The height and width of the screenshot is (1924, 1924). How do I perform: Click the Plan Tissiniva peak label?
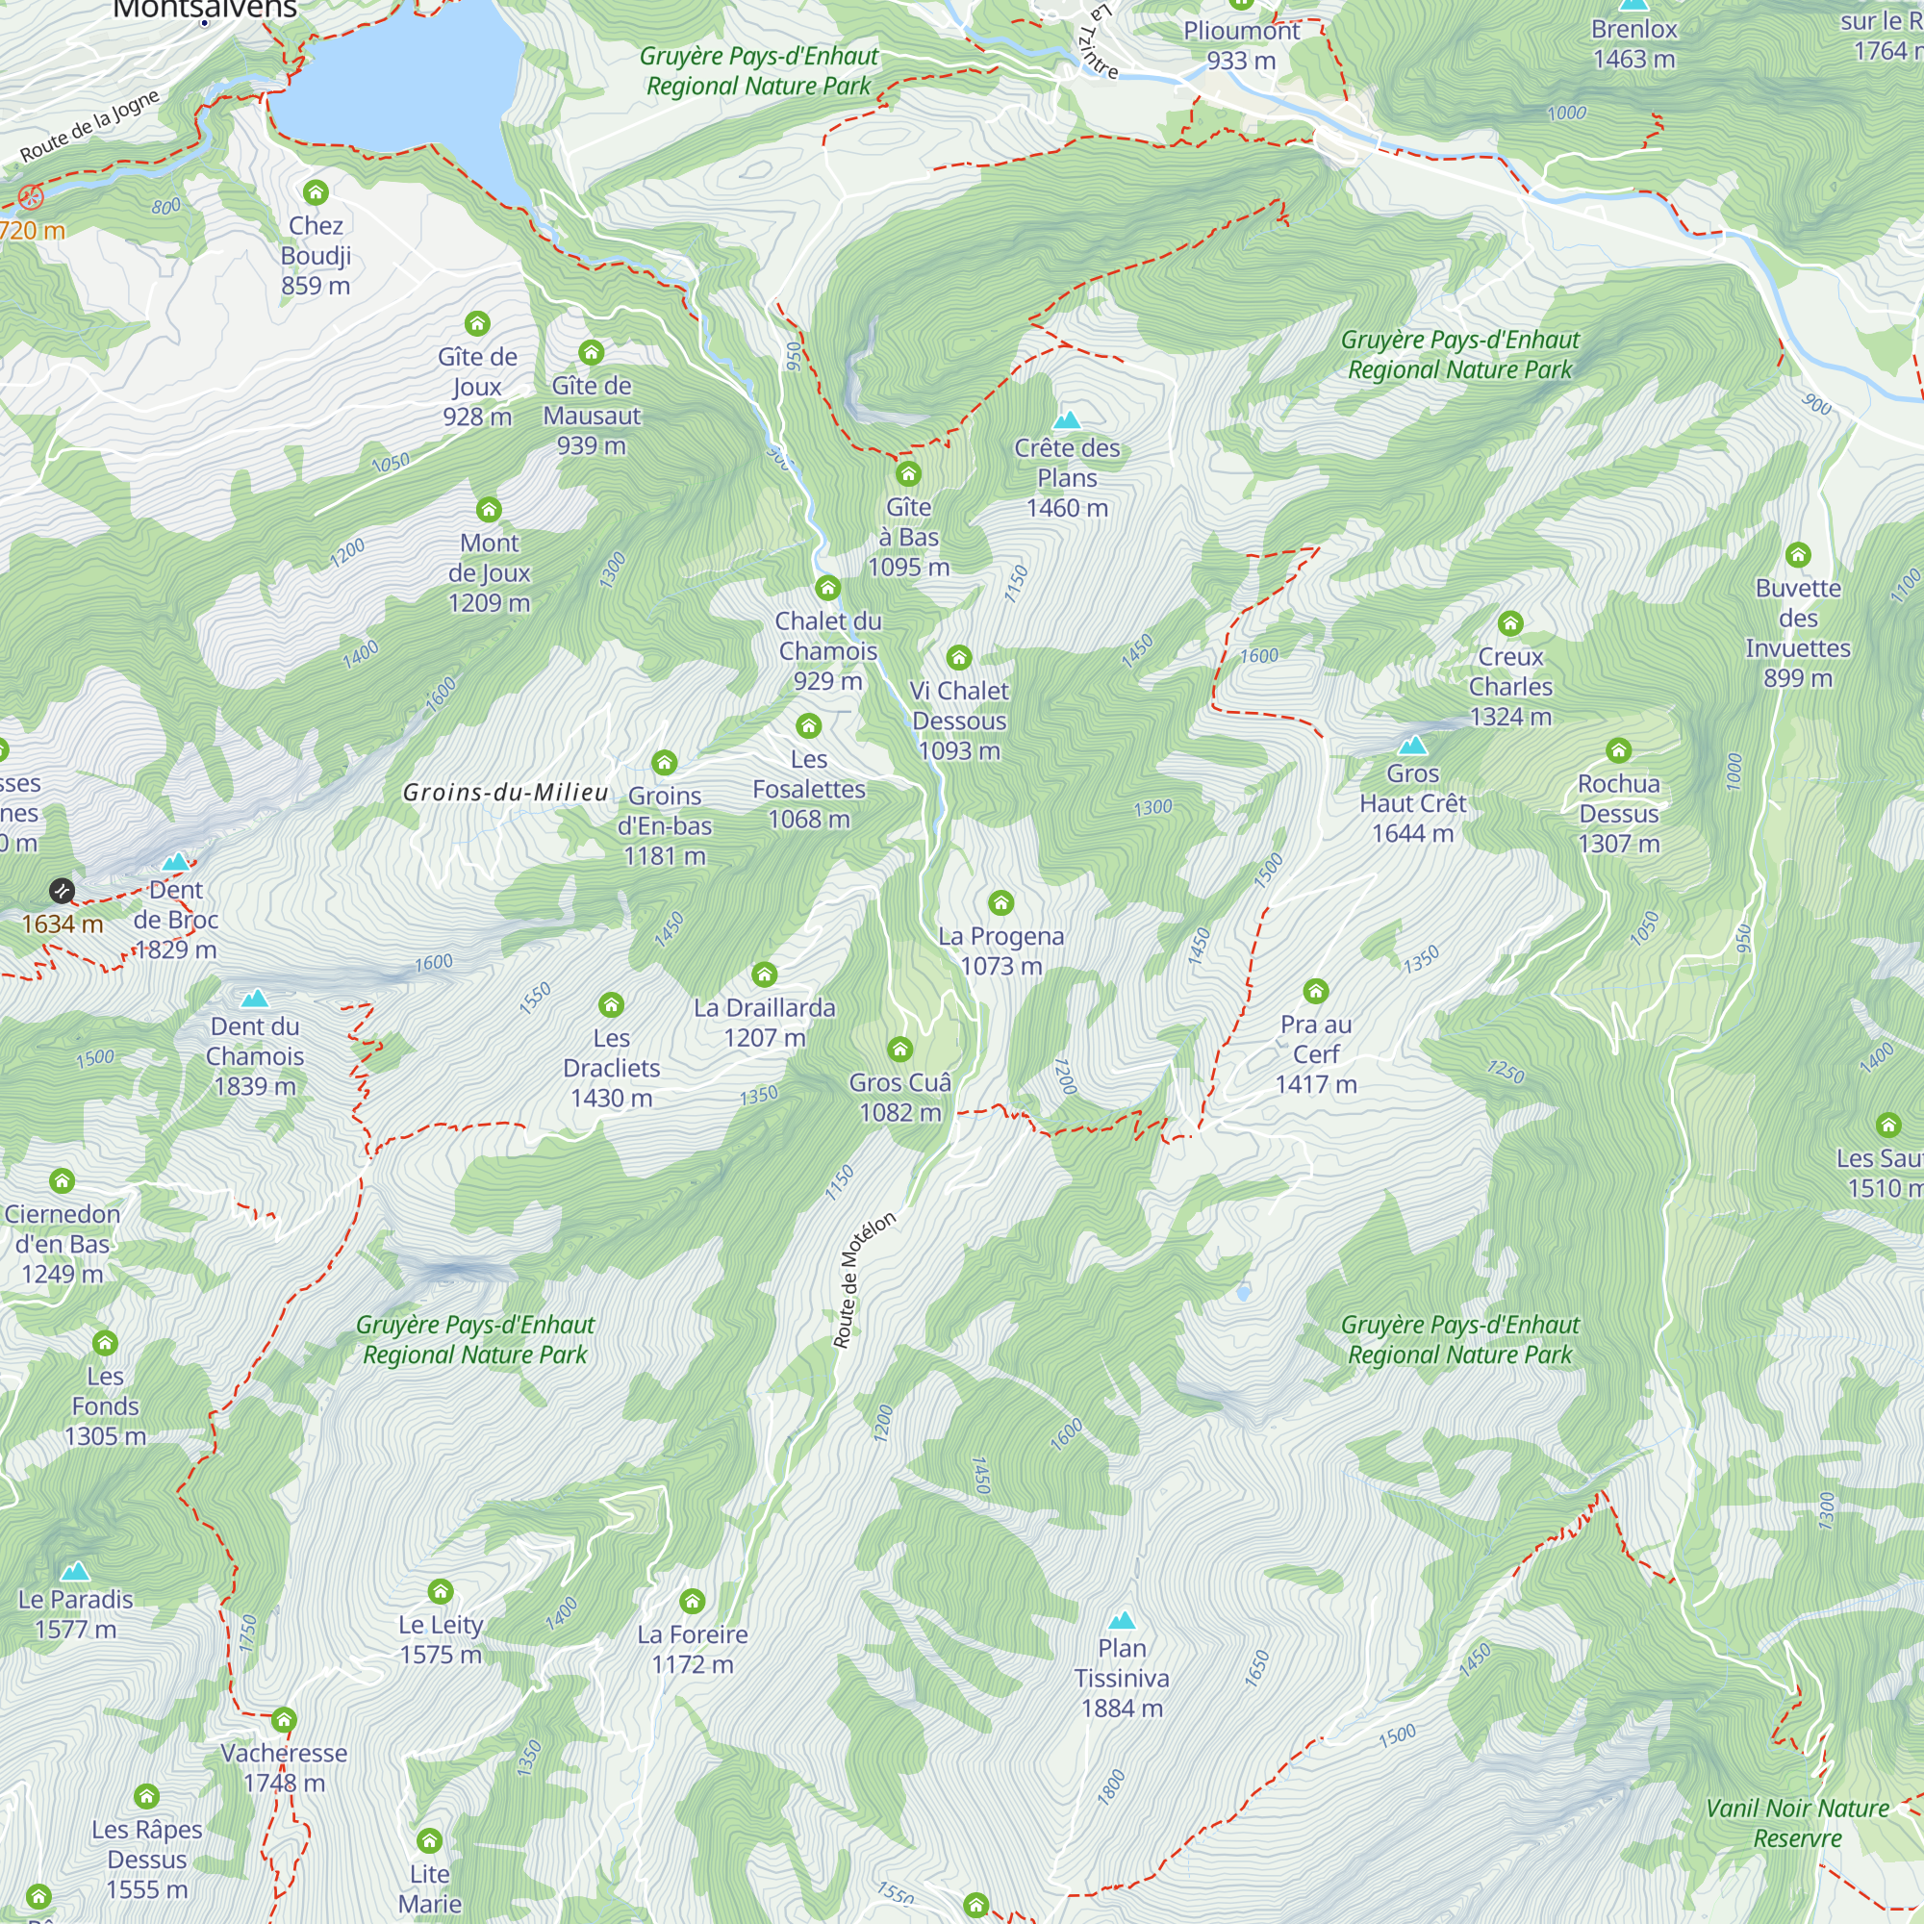point(1122,1678)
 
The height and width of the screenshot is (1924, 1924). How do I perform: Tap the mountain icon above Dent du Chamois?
point(255,998)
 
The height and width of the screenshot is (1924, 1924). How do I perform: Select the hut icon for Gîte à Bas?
point(907,473)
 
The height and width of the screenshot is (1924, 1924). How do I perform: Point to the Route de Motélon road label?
point(864,1279)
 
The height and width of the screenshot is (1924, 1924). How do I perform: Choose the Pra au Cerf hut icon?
point(1314,991)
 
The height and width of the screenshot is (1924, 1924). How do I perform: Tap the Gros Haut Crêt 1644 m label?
point(1412,802)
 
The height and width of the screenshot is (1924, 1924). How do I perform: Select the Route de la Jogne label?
point(89,126)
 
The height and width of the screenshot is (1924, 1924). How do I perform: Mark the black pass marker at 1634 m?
point(62,890)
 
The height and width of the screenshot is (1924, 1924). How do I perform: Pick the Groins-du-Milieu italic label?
point(505,793)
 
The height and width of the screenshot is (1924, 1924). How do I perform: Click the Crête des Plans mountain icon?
point(1067,420)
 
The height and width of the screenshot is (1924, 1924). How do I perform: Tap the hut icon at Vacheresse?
point(284,1720)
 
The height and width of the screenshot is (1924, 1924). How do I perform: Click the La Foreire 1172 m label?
point(692,1649)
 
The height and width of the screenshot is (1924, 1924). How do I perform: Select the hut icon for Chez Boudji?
point(316,192)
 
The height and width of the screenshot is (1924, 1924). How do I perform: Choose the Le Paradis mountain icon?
point(76,1572)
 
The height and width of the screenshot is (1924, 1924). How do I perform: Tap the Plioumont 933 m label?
point(1241,46)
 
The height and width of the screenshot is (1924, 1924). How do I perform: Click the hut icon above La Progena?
point(1000,903)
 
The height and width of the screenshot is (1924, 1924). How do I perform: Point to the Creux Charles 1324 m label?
point(1509,686)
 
